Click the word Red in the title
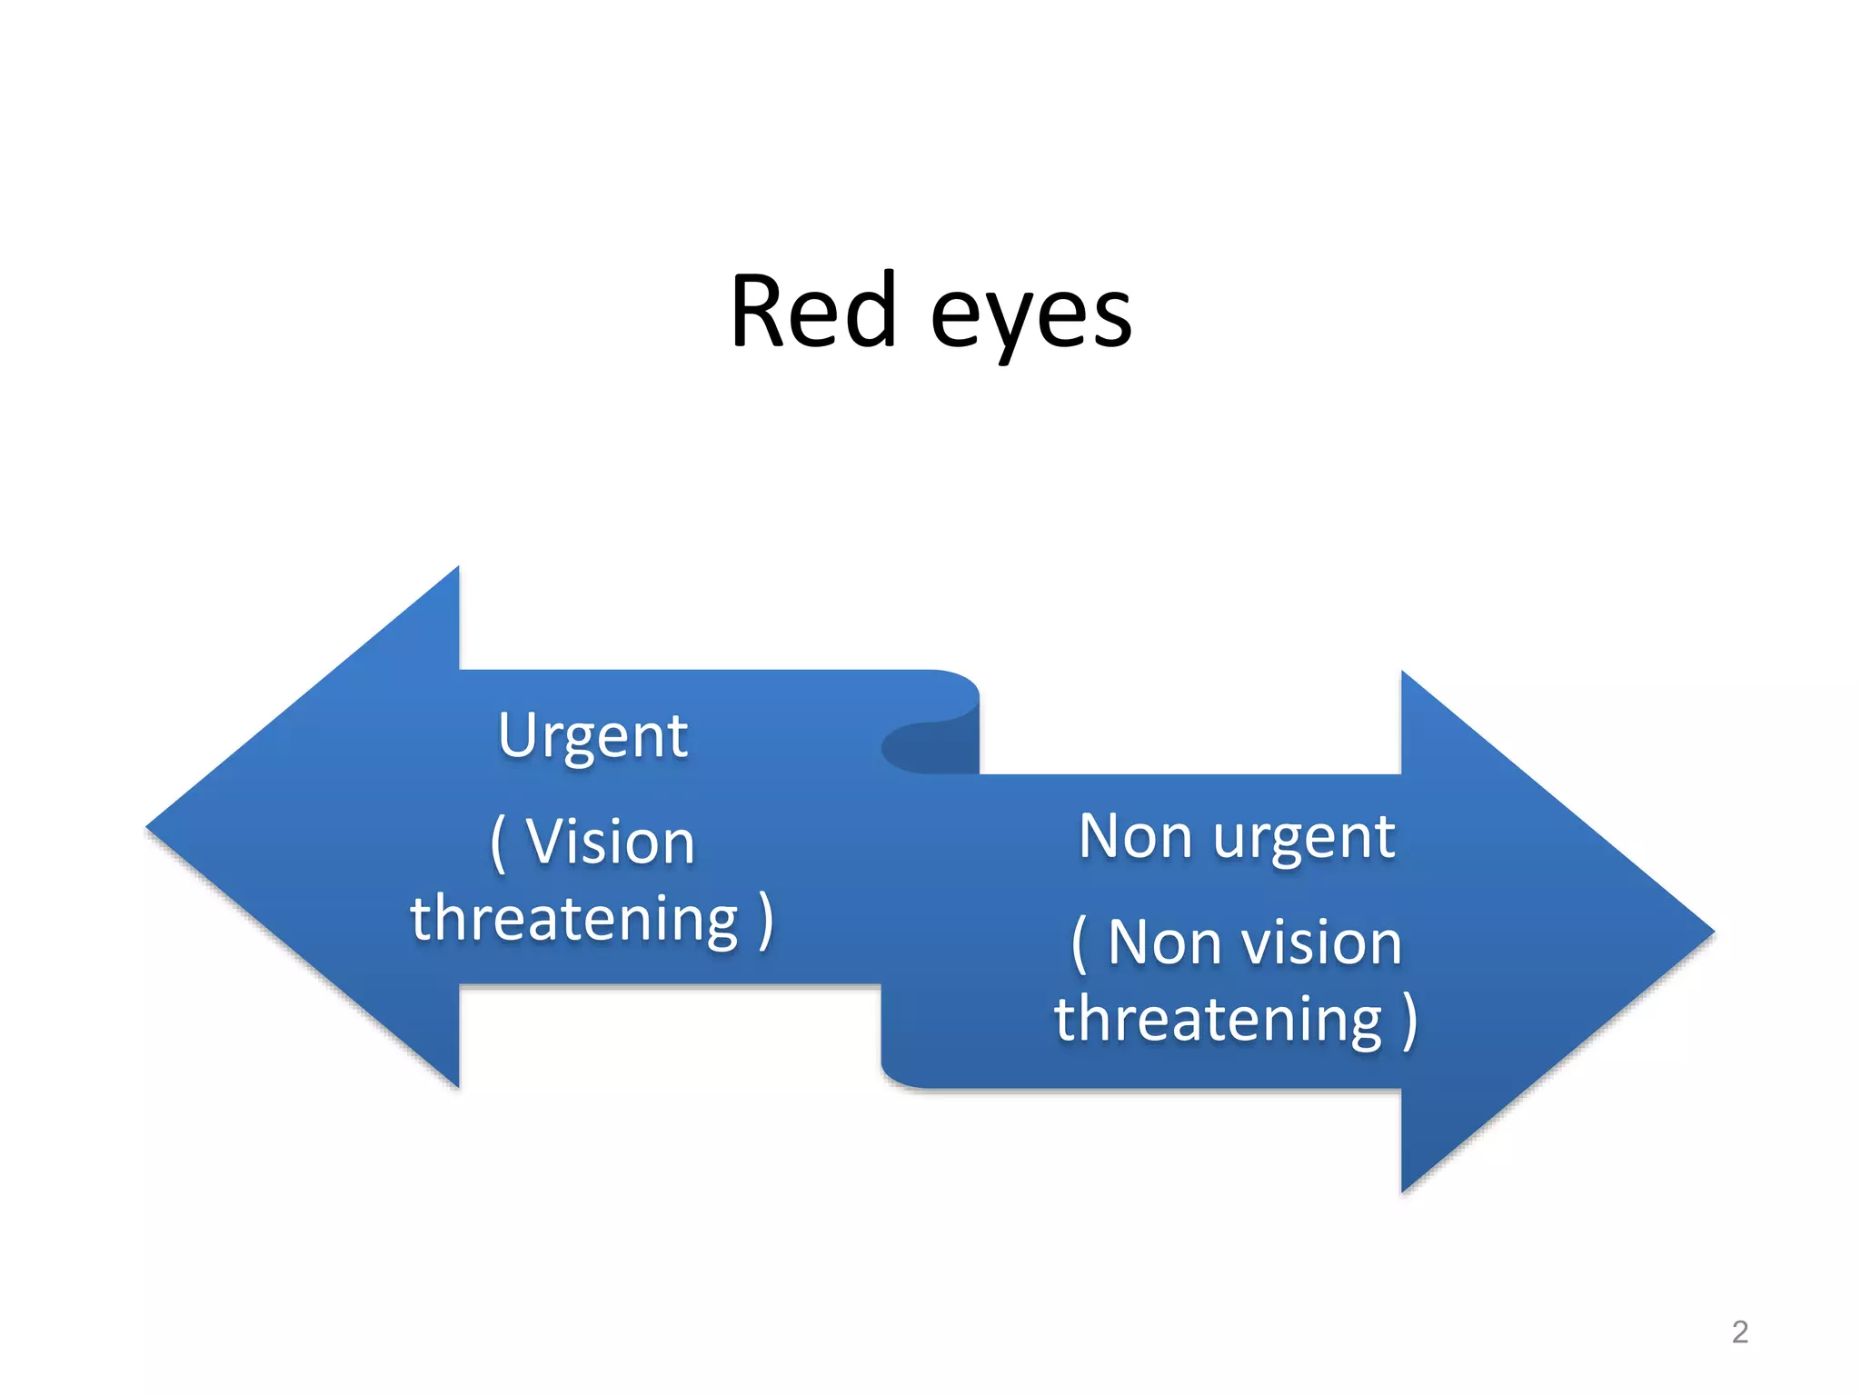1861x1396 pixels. click(813, 312)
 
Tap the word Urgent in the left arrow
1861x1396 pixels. click(592, 736)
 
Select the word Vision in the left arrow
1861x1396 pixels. click(611, 842)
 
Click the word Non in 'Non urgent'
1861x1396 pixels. click(1135, 836)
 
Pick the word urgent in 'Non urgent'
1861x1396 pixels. click(1304, 838)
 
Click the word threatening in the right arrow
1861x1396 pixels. click(1218, 1019)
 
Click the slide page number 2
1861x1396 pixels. click(1739, 1331)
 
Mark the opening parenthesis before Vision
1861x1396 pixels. click(497, 843)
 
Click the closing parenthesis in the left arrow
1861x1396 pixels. click(765, 920)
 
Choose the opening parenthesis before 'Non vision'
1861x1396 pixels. click(1079, 944)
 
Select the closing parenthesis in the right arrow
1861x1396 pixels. click(1409, 1021)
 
